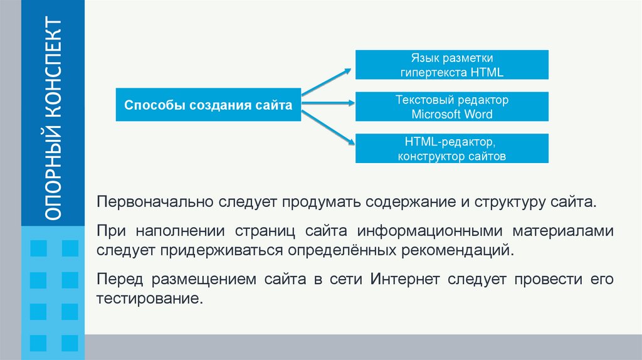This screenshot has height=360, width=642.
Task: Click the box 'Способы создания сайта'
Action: tap(208, 105)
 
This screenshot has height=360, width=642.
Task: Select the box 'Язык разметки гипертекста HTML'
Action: tap(452, 65)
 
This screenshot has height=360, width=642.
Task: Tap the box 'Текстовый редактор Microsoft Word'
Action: tap(452, 107)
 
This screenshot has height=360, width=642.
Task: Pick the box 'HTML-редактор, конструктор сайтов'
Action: tap(452, 149)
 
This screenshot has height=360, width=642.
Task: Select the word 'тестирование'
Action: tap(150, 297)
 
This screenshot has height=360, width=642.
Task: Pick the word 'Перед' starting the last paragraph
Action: tap(114, 279)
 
